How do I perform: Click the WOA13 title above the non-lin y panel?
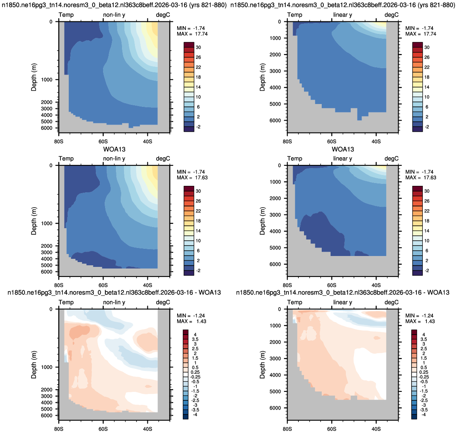pyautogui.click(x=114, y=149)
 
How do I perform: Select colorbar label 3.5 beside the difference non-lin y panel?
pyautogui.click(x=195, y=339)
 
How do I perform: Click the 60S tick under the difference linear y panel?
pyautogui.click(x=332, y=429)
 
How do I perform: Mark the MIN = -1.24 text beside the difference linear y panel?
pyautogui.click(x=420, y=316)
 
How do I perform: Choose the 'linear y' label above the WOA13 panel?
pyautogui.click(x=343, y=158)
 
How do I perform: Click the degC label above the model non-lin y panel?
pyautogui.click(x=163, y=15)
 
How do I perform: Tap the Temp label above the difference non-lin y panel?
pyautogui.click(x=66, y=302)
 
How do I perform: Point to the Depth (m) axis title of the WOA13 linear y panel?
pyautogui.click(x=262, y=221)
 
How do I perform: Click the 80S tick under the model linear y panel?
pyautogui.click(x=287, y=141)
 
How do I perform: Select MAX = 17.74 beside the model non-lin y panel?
pyautogui.click(x=192, y=34)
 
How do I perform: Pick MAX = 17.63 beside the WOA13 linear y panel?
pyautogui.click(x=421, y=178)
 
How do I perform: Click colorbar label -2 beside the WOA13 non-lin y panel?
pyautogui.click(x=198, y=271)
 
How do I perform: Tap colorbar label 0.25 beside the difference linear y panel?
pyautogui.click(x=424, y=372)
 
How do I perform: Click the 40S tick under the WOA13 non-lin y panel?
pyautogui.click(x=147, y=285)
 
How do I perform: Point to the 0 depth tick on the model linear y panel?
pyautogui.click(x=279, y=22)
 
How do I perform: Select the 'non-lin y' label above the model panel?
pyautogui.click(x=114, y=15)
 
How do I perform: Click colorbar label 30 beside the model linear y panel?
pyautogui.click(x=427, y=47)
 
